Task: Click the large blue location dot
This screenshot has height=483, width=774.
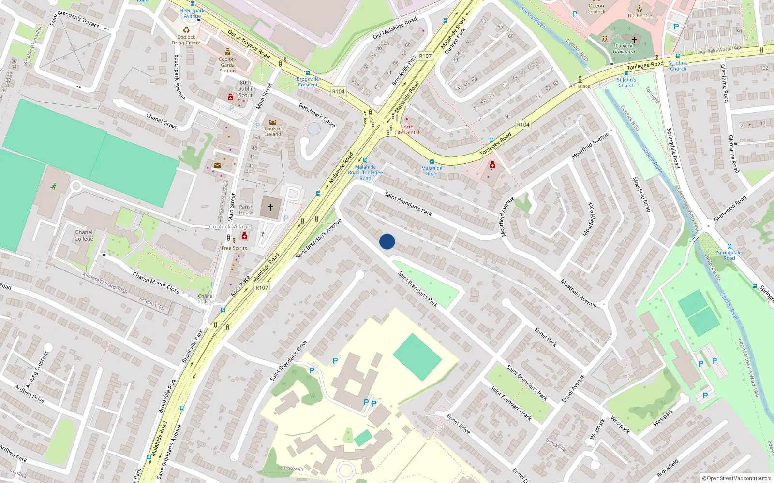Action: coord(387,241)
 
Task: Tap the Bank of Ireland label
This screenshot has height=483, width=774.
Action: coord(273,131)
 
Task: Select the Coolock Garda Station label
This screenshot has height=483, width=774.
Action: coord(227,65)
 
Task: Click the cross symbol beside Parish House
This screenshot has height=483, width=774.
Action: coord(270,207)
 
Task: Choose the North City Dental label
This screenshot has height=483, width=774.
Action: coord(407,129)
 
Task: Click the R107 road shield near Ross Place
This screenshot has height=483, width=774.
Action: coord(262,288)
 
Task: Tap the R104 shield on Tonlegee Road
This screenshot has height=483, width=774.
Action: coord(523,125)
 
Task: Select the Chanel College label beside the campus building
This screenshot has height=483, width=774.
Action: coord(84,235)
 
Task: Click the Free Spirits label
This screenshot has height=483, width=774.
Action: coord(234,248)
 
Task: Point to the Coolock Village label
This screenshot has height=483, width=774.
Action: coord(230,227)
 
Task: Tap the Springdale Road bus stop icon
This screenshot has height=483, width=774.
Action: coord(729,246)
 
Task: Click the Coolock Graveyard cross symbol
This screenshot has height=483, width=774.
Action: coord(634,40)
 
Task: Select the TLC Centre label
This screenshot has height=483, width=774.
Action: coord(640,15)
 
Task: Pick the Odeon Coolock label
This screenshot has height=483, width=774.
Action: coord(596,9)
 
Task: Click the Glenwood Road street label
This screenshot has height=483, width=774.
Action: coord(730,208)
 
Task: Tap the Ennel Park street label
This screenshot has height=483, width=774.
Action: coord(546,337)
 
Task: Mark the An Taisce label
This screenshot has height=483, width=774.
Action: coord(580,86)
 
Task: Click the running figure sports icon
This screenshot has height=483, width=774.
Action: coord(53,186)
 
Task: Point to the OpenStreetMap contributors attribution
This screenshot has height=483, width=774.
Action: coord(736,478)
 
